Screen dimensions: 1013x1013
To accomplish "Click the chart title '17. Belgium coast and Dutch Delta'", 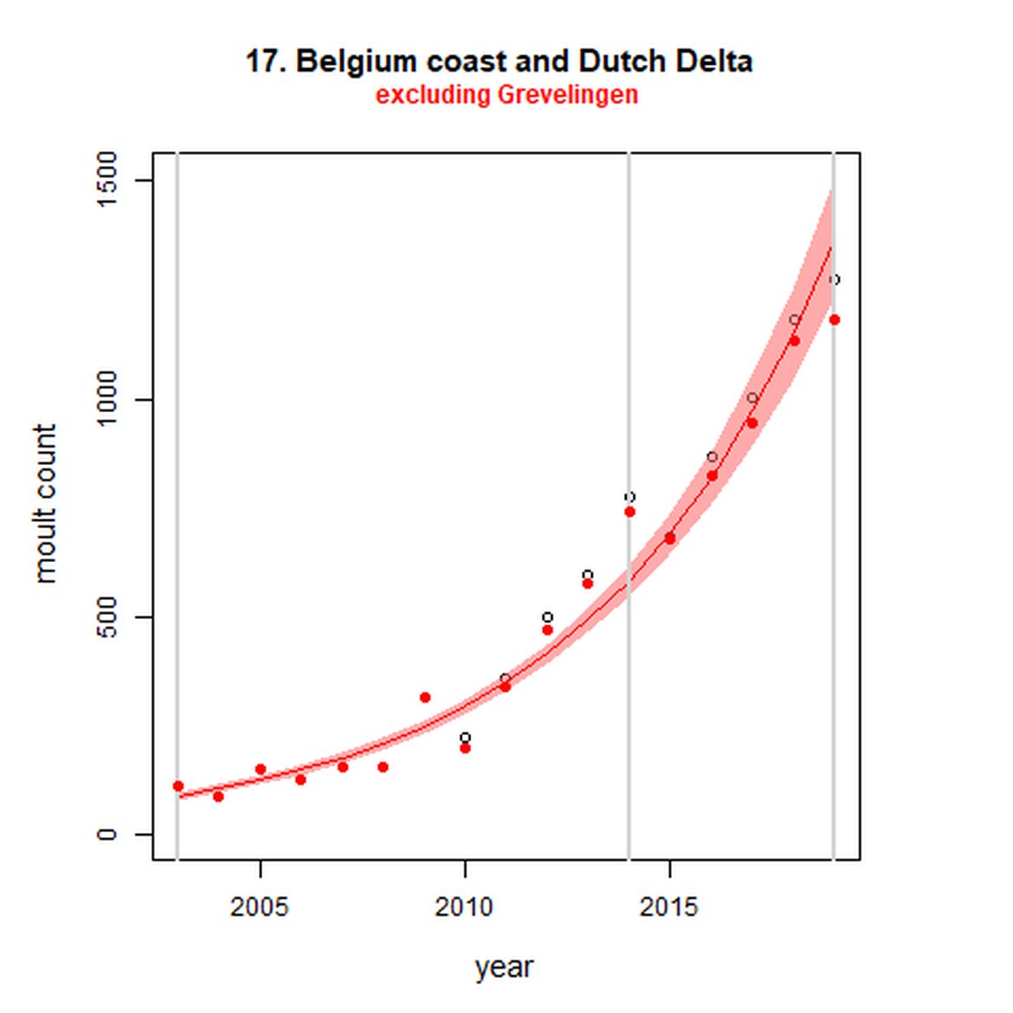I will (x=499, y=61).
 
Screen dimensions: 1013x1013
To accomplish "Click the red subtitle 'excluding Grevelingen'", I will (x=506, y=94).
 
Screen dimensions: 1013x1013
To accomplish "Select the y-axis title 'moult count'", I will (x=45, y=504).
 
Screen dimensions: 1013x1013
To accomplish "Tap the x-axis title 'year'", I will (x=504, y=967).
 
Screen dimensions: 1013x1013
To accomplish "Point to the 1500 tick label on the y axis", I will (x=106, y=180).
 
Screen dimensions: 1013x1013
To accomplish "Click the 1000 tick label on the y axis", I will (x=106, y=399).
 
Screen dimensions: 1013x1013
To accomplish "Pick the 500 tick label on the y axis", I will (x=106, y=617).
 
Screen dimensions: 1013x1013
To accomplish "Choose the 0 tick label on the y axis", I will (x=106, y=835).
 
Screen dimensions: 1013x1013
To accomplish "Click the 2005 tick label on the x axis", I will (x=260, y=907).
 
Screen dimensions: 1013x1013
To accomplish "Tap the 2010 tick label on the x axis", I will (x=465, y=907).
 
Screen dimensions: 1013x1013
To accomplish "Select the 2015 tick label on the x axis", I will (x=669, y=907).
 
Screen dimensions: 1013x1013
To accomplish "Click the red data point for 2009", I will (x=424, y=697).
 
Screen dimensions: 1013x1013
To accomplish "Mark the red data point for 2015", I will (x=669, y=539).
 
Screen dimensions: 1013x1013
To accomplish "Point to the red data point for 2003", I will (x=178, y=786).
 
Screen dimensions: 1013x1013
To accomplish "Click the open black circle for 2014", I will (x=629, y=497).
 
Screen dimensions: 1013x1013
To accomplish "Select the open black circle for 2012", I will (x=547, y=617).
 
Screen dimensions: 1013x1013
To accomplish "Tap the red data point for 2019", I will (x=834, y=319).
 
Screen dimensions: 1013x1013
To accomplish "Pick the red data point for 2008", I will (x=383, y=767).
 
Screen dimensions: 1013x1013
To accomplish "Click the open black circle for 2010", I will (x=465, y=738).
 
